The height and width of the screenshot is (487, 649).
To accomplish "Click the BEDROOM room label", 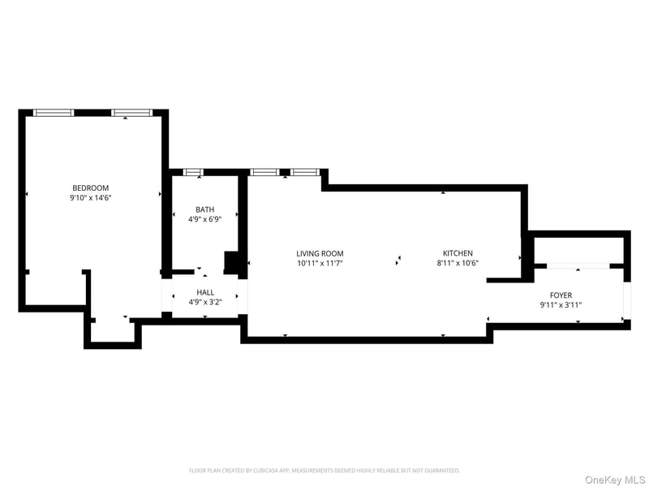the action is point(90,188).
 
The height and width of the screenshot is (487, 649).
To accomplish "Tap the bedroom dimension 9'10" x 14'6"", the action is point(91,198).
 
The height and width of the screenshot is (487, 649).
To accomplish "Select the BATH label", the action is point(205,209).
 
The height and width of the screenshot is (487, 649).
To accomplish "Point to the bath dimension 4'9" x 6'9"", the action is point(205,219).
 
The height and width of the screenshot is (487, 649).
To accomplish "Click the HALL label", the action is point(205,292).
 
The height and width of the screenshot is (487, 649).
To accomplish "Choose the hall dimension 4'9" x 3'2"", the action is point(205,302).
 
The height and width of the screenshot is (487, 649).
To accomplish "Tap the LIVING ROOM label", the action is point(320,253).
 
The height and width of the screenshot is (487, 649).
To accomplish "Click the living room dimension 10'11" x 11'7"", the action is point(320,263).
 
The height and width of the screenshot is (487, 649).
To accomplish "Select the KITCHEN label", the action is point(458,253).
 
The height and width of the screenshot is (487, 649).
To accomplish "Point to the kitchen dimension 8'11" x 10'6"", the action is point(458,263).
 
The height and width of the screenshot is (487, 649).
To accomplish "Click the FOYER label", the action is point(561,295).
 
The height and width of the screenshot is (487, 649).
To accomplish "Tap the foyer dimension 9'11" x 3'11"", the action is point(561,305).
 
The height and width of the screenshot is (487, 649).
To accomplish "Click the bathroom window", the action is point(193,172).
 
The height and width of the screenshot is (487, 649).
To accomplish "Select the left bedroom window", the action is point(54,113).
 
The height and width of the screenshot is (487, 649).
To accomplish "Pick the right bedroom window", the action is point(132,113).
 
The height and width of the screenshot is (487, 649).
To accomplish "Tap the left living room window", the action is point(265,172).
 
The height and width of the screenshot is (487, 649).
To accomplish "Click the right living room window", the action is point(305,172).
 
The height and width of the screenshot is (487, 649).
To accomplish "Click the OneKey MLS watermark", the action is point(615,480).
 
